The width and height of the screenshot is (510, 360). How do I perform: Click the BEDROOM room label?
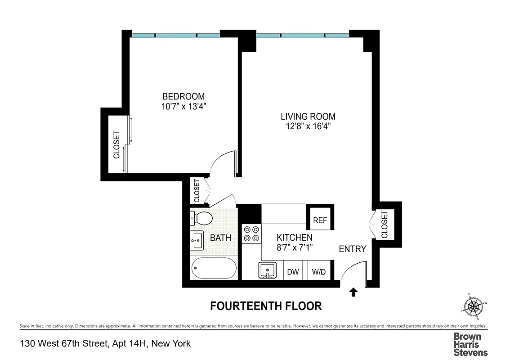point(183,96)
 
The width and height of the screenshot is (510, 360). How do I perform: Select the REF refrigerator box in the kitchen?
point(320,220)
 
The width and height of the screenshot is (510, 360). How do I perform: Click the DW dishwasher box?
point(293,272)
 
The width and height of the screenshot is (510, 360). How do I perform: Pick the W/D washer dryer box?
point(319,272)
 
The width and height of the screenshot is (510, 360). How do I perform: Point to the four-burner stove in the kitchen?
point(251,234)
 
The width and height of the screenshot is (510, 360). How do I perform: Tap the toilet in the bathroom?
point(200,219)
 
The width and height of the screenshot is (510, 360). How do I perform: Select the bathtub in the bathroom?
point(214,269)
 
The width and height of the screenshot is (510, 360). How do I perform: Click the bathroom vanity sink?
point(197,241)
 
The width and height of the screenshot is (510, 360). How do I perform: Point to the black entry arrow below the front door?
point(353,292)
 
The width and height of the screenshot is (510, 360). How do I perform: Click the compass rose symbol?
point(474,307)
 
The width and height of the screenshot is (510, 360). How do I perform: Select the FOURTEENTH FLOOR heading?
point(266,306)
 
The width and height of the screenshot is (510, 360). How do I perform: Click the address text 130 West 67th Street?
point(105,344)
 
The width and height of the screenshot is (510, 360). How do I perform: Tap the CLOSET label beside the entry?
point(384,225)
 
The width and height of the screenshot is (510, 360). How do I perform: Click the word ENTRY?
point(353,249)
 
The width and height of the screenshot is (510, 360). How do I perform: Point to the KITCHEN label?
point(294,238)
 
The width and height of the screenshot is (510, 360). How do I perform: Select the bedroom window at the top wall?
point(175,35)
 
